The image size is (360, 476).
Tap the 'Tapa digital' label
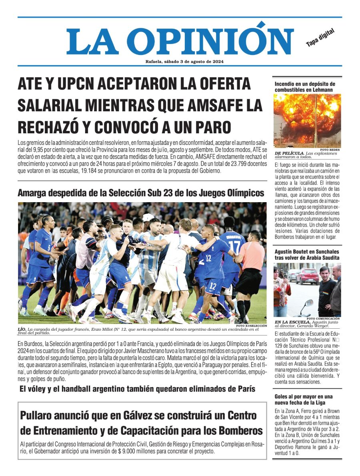pyautogui.click(x=320, y=38)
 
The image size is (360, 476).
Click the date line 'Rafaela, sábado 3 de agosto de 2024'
pyautogui.click(x=184, y=62)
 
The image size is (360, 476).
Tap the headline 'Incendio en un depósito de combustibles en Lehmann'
pyautogui.click(x=304, y=87)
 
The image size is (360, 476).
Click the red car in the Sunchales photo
pyautogui.click(x=307, y=275)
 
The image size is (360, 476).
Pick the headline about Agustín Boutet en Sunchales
pyautogui.click(x=307, y=254)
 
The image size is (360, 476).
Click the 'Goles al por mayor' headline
pyautogui.click(x=304, y=399)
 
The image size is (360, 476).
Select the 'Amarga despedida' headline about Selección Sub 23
pyautogui.click(x=141, y=193)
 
